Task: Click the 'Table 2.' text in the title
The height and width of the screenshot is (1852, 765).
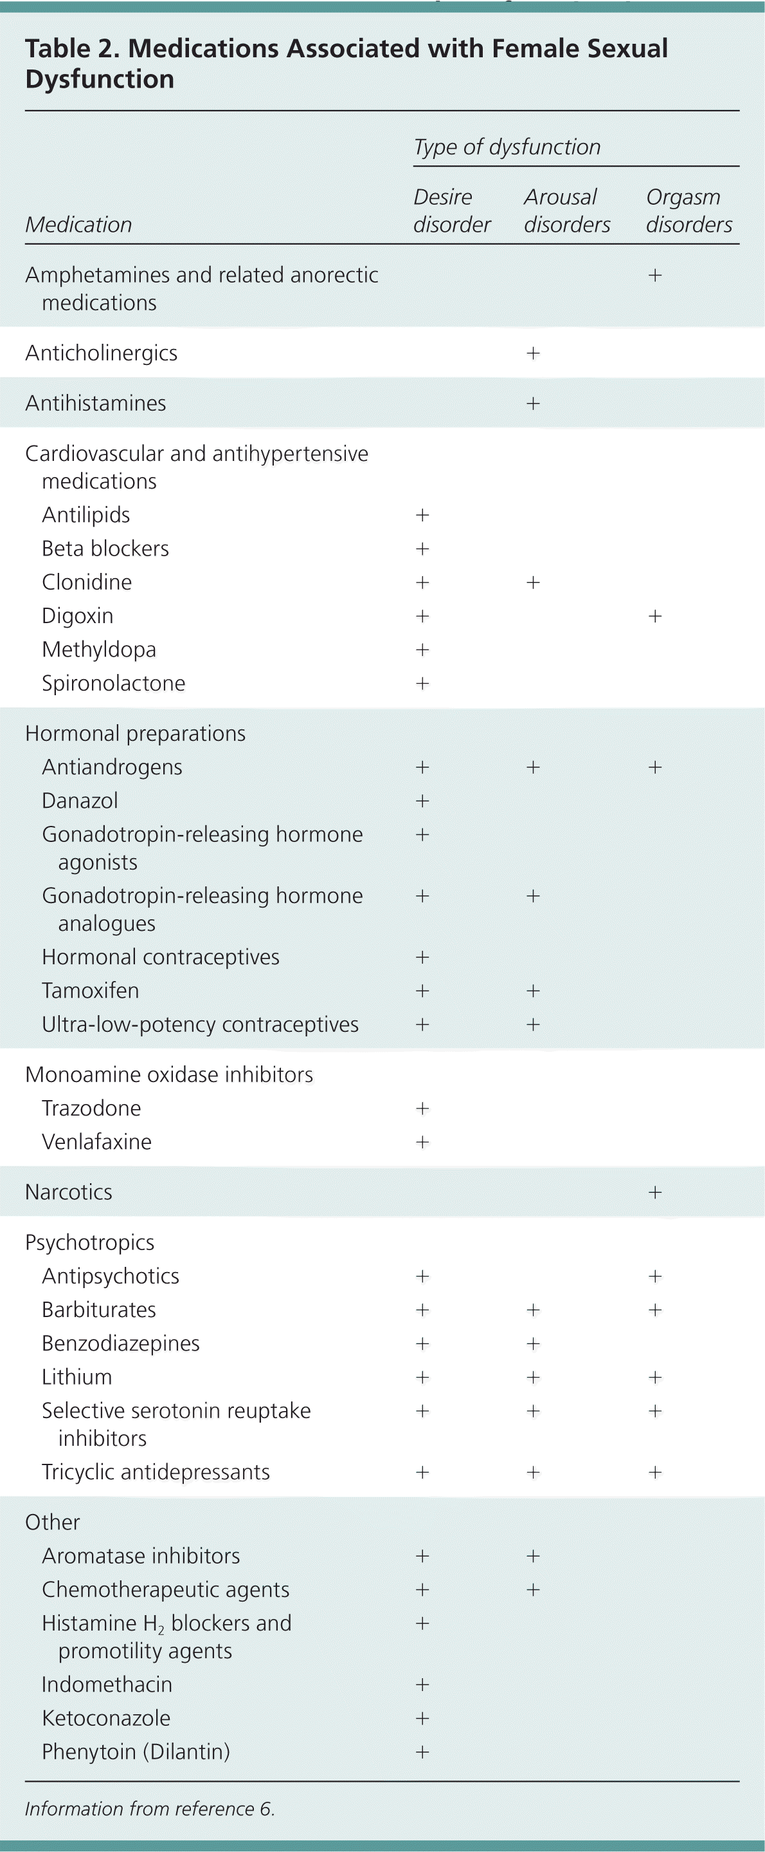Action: [x=72, y=49]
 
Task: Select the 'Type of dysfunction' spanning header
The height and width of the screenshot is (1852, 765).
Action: [x=507, y=147]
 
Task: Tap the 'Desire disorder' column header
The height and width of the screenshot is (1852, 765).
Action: [x=451, y=210]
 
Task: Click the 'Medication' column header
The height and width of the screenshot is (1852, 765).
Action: [x=78, y=225]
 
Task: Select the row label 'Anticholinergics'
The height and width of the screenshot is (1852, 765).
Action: [x=102, y=353]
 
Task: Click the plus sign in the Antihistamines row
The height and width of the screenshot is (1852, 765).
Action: [x=533, y=404]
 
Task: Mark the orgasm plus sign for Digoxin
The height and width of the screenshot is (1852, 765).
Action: [x=655, y=616]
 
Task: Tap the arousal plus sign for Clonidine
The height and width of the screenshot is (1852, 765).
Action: [x=533, y=583]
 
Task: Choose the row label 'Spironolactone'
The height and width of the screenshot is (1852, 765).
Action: [x=114, y=683]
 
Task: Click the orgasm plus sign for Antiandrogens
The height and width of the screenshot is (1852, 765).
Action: [x=655, y=767]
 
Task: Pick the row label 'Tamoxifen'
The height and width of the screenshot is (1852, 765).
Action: [x=91, y=991]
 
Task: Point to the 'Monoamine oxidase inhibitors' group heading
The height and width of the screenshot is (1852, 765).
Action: [x=169, y=1075]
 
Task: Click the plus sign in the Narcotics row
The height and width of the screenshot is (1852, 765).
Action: [x=655, y=1193]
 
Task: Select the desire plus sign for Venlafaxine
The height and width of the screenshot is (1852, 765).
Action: [x=422, y=1143]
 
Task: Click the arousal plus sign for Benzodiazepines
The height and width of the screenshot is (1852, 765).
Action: [x=533, y=1343]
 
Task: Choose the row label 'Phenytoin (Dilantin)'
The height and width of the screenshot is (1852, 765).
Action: [x=136, y=1752]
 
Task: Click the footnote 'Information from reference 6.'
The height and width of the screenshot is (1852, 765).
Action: [x=149, y=1809]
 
